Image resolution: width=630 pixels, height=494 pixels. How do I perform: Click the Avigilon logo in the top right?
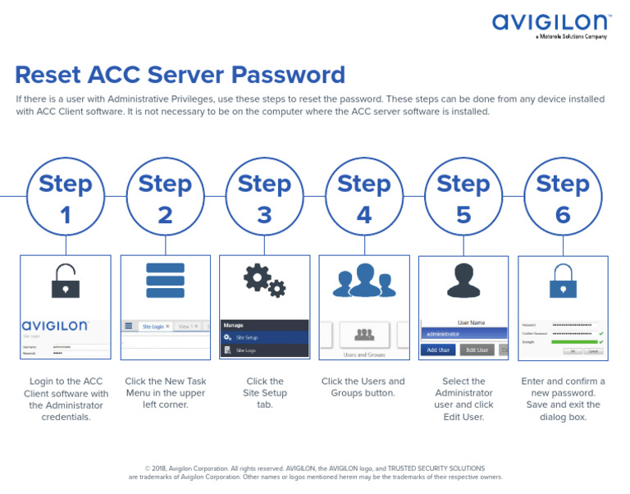550,24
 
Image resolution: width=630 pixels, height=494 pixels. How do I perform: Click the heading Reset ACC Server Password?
180,75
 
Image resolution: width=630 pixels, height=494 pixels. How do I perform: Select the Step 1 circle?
66,197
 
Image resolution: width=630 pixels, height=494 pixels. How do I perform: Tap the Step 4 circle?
363,197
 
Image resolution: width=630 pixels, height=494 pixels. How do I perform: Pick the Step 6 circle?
563,197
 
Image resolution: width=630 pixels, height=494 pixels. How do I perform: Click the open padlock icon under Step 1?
66,281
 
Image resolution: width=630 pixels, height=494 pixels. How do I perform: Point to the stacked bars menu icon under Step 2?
165,281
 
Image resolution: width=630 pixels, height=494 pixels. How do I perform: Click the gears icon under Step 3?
264,281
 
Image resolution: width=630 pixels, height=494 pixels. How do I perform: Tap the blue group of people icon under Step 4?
363,281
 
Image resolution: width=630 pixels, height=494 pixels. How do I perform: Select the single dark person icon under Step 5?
463,281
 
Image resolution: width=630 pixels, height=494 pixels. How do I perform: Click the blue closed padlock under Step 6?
563,281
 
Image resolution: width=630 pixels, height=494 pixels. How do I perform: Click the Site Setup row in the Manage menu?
264,337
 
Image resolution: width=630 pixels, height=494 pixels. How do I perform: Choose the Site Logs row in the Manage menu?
264,350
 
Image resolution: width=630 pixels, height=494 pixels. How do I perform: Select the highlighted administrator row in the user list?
463,334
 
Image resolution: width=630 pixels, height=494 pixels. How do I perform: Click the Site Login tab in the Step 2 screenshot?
155,327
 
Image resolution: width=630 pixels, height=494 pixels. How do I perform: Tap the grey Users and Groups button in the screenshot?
363,335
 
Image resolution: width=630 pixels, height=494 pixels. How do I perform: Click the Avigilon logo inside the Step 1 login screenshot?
55,327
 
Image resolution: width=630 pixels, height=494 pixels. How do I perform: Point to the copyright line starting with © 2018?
315,469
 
